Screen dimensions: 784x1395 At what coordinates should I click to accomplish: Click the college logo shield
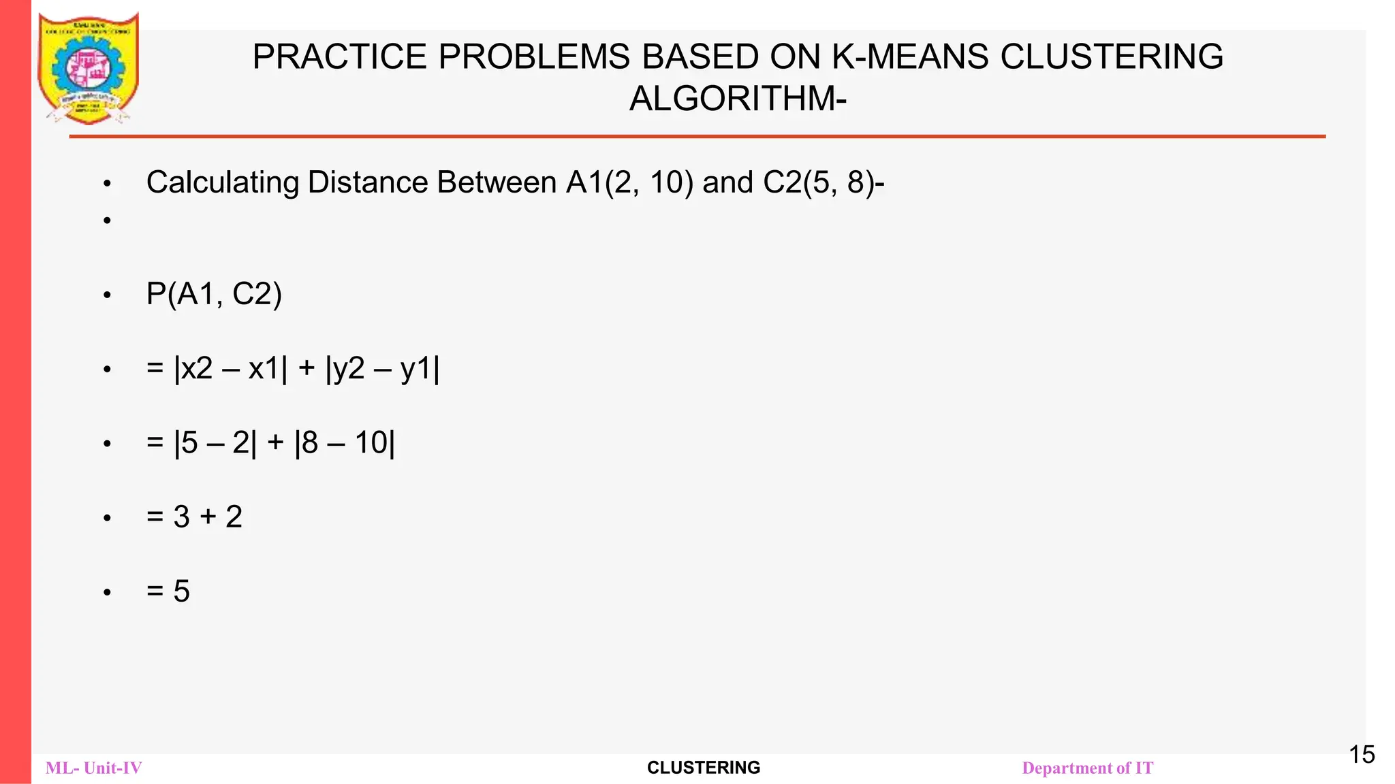pos(89,68)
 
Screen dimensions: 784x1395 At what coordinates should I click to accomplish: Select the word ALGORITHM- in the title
pos(738,99)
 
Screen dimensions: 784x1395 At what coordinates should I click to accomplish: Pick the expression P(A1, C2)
pos(214,294)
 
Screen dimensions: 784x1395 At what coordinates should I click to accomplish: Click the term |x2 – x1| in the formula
pos(231,369)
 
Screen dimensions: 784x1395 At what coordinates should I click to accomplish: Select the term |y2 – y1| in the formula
pos(382,369)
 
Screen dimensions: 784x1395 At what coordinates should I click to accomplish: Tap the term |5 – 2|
pos(216,443)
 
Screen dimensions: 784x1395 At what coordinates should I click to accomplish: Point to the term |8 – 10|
pos(345,443)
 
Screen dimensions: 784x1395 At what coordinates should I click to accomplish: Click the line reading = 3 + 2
pos(194,517)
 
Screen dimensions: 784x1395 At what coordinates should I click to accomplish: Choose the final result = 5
pos(168,591)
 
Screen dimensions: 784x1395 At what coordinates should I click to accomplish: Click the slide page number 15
pos(1362,755)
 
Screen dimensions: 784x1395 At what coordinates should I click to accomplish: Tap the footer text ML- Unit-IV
pos(94,768)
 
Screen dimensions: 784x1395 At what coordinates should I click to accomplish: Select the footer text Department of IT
pos(1087,768)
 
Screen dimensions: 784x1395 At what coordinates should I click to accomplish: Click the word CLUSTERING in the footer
pos(704,768)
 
